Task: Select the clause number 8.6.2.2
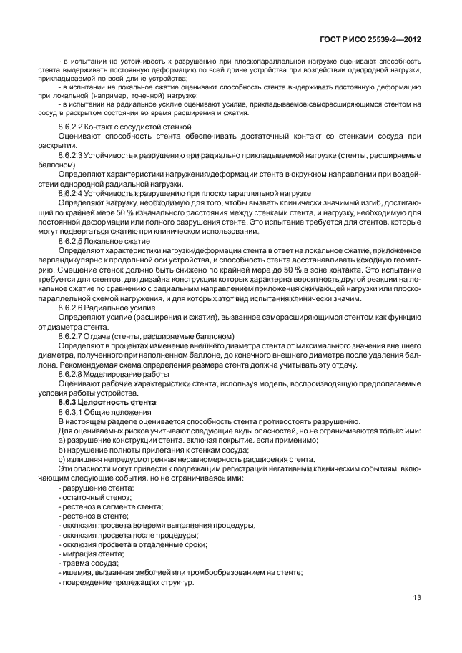click(72, 126)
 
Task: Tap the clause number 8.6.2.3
click(72, 155)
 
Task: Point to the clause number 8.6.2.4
click(72, 193)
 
